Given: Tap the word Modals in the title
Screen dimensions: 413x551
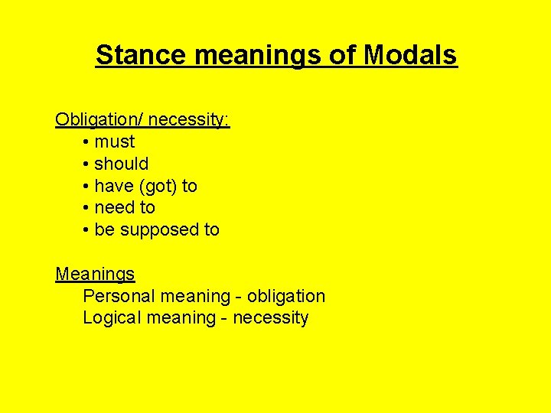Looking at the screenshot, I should [410, 55].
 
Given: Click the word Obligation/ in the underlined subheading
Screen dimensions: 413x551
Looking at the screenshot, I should [99, 120].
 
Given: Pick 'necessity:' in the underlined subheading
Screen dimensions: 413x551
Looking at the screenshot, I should [189, 120].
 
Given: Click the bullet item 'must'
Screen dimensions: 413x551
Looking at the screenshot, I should [114, 142].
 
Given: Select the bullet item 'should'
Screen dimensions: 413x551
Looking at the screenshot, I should [121, 164].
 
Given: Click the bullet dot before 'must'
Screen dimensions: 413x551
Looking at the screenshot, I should [87, 142].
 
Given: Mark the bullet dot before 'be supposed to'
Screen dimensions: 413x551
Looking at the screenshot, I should [87, 229].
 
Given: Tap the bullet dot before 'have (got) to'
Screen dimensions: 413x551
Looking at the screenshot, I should [87, 186].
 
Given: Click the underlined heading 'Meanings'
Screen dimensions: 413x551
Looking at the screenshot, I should [95, 274].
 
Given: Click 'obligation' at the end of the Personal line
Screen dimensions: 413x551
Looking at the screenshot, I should [287, 296].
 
